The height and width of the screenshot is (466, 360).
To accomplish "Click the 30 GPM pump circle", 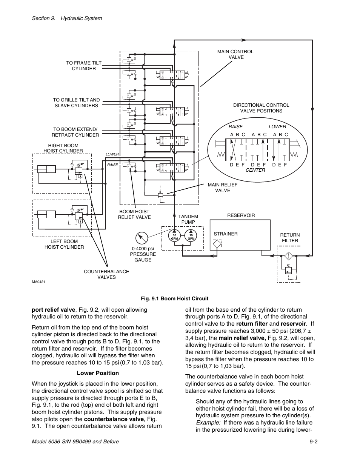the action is click(174, 236).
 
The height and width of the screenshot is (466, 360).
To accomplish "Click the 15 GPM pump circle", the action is click(191, 236).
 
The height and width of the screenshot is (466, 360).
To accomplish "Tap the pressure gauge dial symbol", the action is click(142, 238).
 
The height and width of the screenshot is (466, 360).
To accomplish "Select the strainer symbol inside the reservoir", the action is click(217, 244).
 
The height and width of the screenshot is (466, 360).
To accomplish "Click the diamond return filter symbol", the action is click(289, 256).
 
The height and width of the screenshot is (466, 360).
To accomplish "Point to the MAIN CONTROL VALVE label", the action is click(235, 54).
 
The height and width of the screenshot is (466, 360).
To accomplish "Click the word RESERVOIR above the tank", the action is click(241, 215).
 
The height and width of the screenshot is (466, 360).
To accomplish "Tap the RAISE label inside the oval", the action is click(235, 127).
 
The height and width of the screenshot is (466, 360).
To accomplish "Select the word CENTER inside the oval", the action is click(255, 170).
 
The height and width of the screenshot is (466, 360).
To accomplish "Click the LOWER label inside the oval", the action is click(277, 127).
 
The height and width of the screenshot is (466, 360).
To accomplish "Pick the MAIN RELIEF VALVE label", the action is click(223, 188).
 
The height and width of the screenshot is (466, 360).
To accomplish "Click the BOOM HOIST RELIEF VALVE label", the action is click(134, 214).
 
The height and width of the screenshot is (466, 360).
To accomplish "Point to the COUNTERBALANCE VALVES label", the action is click(106, 274).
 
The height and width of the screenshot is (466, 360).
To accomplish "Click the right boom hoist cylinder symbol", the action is click(46, 169).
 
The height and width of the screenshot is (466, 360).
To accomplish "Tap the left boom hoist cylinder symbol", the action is click(46, 214).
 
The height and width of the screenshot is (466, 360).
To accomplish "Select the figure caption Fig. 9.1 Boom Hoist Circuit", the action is click(175, 299).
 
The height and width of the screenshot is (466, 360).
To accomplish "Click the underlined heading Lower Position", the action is click(98, 373).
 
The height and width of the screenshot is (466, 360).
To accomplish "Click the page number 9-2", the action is click(313, 442).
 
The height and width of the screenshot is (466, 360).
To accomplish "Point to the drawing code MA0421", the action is click(38, 282).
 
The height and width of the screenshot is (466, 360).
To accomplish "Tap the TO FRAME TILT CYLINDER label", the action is click(84, 66).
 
